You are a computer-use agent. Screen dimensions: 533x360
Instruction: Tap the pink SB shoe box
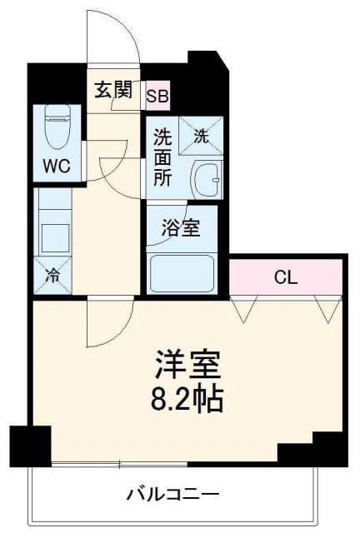157,96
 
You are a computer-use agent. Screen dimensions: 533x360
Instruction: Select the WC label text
57,165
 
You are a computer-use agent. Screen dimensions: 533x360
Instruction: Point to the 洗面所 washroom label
161,157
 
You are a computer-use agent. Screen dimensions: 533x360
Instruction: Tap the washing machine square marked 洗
202,136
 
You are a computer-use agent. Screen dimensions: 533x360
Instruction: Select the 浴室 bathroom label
180,227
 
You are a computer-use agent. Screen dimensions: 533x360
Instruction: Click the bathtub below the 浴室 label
182,273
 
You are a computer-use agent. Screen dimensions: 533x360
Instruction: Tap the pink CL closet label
286,277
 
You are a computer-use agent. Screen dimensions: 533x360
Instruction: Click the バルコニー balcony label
173,494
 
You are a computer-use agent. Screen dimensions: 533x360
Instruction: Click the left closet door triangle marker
244,311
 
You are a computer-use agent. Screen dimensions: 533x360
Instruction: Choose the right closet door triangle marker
326,311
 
